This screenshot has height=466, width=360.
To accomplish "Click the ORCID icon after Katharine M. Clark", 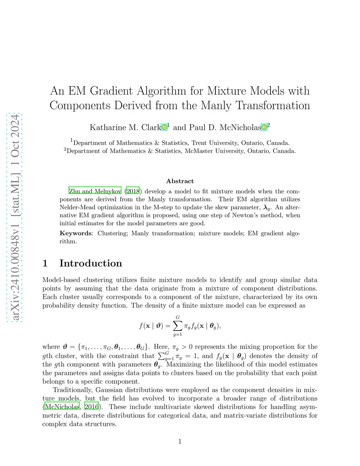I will click(x=164, y=127).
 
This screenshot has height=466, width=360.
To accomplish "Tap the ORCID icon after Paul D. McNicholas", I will click(x=264, y=127).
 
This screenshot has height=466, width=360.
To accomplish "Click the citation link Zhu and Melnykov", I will click(x=95, y=191).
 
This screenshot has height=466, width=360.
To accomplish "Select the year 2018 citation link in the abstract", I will click(x=133, y=191).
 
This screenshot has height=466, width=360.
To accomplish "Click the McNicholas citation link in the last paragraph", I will click(x=62, y=407).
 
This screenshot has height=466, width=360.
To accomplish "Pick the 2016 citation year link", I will click(x=91, y=407).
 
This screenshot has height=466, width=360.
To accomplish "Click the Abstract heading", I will click(x=180, y=181).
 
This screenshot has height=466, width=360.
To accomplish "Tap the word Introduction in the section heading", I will click(x=91, y=263).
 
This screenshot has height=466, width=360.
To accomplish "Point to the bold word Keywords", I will click(x=76, y=233).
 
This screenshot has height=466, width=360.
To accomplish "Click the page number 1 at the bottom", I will click(x=180, y=441).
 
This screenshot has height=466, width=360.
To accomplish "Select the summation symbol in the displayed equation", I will click(x=178, y=326).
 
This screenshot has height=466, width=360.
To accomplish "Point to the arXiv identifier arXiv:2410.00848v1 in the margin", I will click(x=15, y=268).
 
